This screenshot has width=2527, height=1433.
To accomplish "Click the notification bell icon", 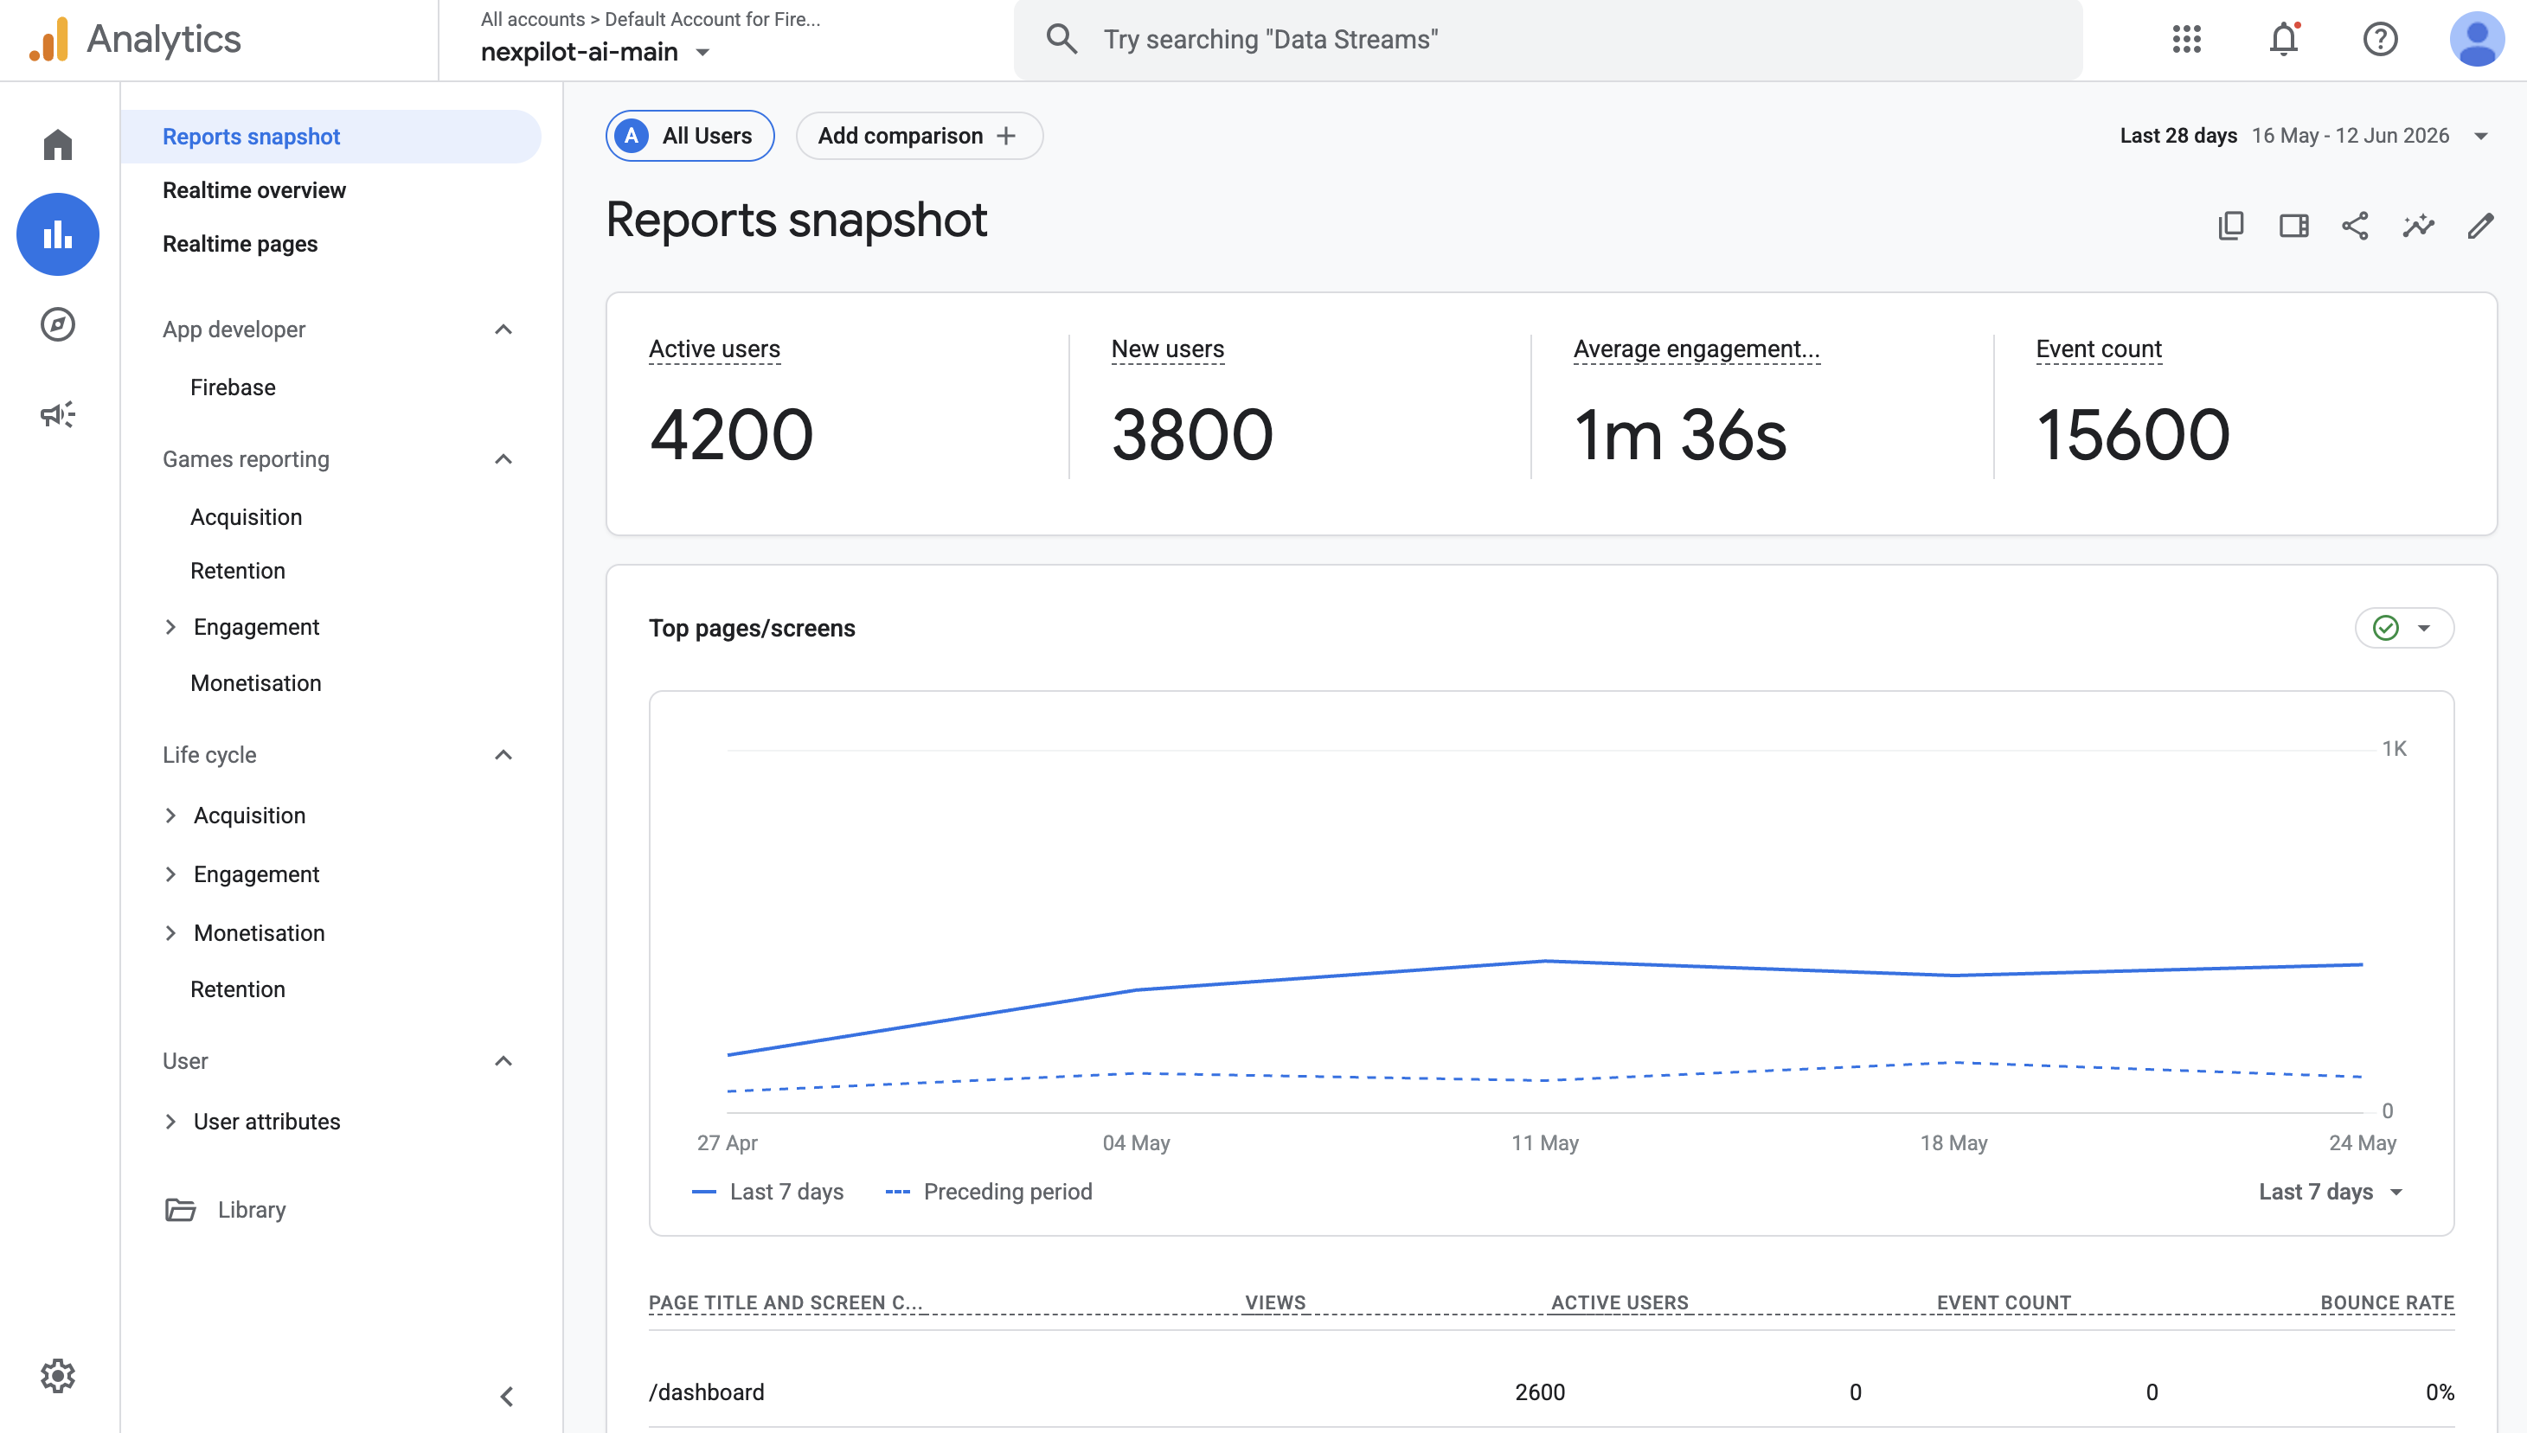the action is pyautogui.click(x=2283, y=40).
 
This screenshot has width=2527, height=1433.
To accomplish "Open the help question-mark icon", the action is pyautogui.click(x=2380, y=40).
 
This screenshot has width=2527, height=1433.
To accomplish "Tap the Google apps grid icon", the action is pyautogui.click(x=2186, y=40).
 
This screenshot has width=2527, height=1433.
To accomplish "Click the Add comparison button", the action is pyautogui.click(x=919, y=136).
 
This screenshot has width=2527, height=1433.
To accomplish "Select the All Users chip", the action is pyautogui.click(x=690, y=136).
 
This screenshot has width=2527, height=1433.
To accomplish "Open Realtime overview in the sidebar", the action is pyautogui.click(x=254, y=190).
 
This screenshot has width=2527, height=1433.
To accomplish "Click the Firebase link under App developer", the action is pyautogui.click(x=233, y=387).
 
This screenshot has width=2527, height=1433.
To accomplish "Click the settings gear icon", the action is pyautogui.click(x=58, y=1375).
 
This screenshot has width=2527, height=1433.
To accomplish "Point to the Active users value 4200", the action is pyautogui.click(x=731, y=435).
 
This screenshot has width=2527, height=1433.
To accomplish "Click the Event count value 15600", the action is pyautogui.click(x=2133, y=435).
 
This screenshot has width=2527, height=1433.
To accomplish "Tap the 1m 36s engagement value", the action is pyautogui.click(x=1679, y=435).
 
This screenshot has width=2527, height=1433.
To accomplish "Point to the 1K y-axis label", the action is pyautogui.click(x=2394, y=749).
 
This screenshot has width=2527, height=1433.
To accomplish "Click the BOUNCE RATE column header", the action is pyautogui.click(x=2387, y=1302).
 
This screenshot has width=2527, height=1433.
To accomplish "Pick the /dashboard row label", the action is pyautogui.click(x=707, y=1392).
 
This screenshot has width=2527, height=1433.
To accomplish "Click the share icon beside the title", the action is pyautogui.click(x=2355, y=227).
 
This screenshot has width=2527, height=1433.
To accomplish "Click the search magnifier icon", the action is pyautogui.click(x=1061, y=40).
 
